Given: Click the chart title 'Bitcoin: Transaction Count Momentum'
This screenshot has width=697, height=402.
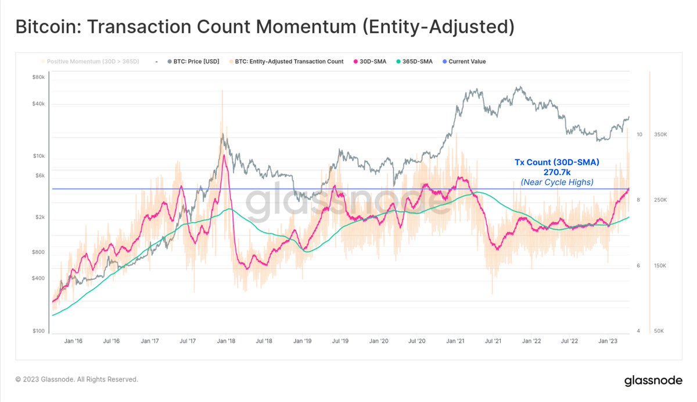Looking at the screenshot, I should [x=264, y=27].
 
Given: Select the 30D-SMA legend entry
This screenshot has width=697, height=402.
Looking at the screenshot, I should [x=372, y=61].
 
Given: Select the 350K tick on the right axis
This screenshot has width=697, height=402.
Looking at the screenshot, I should [x=660, y=134].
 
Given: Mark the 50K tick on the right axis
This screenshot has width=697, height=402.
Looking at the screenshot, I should [x=659, y=331].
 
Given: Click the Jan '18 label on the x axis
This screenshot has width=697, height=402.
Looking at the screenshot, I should [x=226, y=341].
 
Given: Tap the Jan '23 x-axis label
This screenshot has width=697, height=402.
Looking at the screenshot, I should [x=608, y=341].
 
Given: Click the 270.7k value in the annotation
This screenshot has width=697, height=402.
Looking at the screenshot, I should [x=556, y=172].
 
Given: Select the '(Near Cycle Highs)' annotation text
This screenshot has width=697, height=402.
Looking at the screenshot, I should [x=556, y=182].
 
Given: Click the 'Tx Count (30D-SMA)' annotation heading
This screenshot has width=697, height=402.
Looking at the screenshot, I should [x=556, y=162].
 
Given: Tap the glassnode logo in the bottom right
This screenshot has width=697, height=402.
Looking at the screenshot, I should [x=653, y=381].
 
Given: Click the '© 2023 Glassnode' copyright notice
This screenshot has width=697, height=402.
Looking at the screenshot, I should [x=77, y=379].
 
